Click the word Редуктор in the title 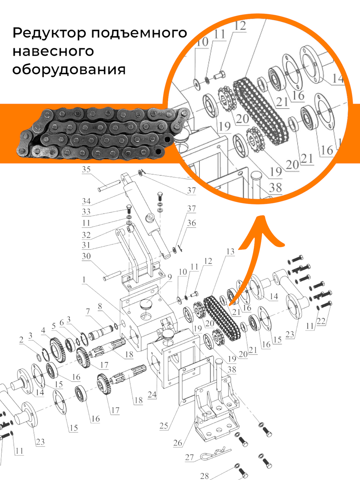point(49,33)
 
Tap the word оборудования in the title point(69,69)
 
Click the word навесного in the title point(53,51)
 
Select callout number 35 point(86,170)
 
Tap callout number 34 point(86,201)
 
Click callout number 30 point(86,256)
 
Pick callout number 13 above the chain point(230,252)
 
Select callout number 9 point(169,278)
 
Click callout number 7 point(87,311)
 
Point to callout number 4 point(44,330)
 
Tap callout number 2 point(21,340)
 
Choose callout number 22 point(321,321)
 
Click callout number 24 point(152,394)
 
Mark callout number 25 point(164,426)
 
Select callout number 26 point(178,443)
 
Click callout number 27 point(189,457)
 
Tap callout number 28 point(204,476)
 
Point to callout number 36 point(192,223)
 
